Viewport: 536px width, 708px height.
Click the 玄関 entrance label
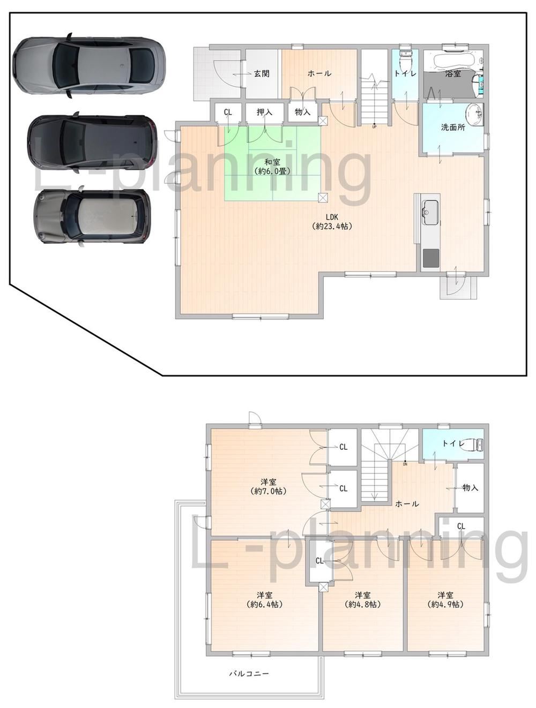click(262, 74)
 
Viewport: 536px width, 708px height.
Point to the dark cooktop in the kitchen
click(430, 258)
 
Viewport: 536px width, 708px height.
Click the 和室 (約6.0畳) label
click(272, 167)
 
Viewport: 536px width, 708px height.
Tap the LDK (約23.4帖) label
click(332, 222)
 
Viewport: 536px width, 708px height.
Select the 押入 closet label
click(264, 112)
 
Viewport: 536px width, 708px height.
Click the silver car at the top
click(89, 65)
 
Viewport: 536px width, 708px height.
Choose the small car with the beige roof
click(92, 216)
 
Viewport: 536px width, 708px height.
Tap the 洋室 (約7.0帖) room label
click(268, 487)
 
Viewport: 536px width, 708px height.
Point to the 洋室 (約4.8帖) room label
click(363, 599)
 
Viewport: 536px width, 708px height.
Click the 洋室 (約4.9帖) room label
click(445, 599)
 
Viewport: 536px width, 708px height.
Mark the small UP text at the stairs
click(374, 126)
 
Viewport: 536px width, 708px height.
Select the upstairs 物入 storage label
click(470, 488)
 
